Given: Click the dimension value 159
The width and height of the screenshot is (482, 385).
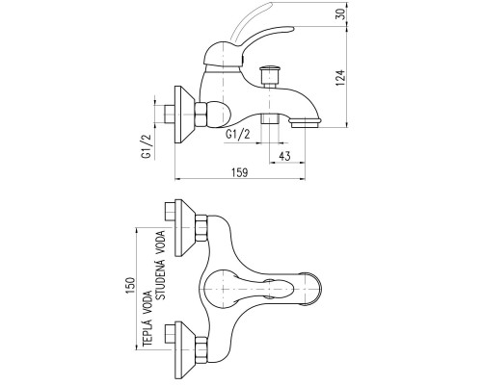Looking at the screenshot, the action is coord(240,172).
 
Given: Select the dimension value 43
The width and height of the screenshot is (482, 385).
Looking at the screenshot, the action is coord(284,156).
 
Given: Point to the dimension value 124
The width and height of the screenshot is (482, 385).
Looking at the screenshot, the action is coord(340,78).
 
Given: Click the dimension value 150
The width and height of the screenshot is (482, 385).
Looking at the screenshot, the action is coord(130,286).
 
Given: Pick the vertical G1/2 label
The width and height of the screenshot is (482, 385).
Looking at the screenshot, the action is coord(147,146).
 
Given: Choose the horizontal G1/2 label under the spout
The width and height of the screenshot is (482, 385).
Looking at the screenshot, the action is coord(238,134).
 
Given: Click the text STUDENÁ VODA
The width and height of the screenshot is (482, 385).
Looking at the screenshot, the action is coord(160,266).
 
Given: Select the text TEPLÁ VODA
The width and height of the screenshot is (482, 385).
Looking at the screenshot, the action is coord(147,319).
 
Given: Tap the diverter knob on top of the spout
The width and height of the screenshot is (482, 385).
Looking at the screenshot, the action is coord(270,76).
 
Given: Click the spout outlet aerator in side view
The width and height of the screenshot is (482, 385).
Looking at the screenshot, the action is coord(306,122).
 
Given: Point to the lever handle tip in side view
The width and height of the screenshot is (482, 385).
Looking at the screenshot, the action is coord(291,30).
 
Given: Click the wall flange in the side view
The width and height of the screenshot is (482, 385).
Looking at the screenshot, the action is coord(185,115).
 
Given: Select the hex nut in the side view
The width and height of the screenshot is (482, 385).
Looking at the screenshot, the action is coord(201,115).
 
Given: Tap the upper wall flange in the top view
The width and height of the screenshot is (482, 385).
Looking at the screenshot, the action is coord(185,228).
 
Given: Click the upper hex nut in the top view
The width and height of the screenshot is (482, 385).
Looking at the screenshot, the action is coord(201,228).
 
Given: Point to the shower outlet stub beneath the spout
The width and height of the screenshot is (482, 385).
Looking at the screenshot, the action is coord(269,118).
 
